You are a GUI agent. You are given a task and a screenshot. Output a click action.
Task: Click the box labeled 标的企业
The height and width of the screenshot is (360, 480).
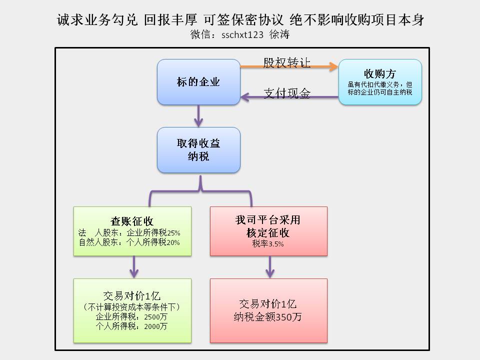point(198,82)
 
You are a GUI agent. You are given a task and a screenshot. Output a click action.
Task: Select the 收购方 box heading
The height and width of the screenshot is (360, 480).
point(380,74)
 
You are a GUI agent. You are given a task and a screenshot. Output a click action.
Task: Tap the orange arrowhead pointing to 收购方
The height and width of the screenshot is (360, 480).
point(333,66)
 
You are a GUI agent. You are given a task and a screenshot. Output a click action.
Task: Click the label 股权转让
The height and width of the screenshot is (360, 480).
point(287,63)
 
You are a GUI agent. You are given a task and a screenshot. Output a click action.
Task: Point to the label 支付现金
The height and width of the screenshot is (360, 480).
point(287,93)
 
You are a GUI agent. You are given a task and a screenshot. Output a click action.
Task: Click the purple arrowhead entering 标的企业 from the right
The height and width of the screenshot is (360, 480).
point(245,97)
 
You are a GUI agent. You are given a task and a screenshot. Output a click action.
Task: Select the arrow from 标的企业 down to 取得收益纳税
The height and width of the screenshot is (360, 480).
point(198,116)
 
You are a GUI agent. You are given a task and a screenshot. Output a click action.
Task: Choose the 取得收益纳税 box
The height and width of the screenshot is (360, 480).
point(198,150)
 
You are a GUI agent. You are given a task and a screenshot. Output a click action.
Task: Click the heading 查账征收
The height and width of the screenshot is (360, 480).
point(132,221)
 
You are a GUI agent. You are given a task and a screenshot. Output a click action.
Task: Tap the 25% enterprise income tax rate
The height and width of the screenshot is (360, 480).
point(173,233)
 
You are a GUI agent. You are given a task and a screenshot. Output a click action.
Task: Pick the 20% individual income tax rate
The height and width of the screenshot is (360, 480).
point(173,243)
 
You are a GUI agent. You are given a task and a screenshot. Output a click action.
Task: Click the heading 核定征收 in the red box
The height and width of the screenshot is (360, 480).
point(268,232)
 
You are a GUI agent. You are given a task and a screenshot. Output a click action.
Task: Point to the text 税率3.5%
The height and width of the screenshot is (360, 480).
point(268,244)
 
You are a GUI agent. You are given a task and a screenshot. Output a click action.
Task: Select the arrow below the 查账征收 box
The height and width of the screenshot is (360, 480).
point(134,267)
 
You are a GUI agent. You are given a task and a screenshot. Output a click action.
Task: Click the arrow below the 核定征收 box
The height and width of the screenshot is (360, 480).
point(270,267)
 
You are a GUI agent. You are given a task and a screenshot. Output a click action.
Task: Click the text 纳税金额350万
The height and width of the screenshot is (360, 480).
point(268,317)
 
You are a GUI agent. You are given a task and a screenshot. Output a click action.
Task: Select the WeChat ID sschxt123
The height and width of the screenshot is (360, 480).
point(242,35)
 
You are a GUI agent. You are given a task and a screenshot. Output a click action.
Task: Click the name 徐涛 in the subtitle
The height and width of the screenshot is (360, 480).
point(279,34)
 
